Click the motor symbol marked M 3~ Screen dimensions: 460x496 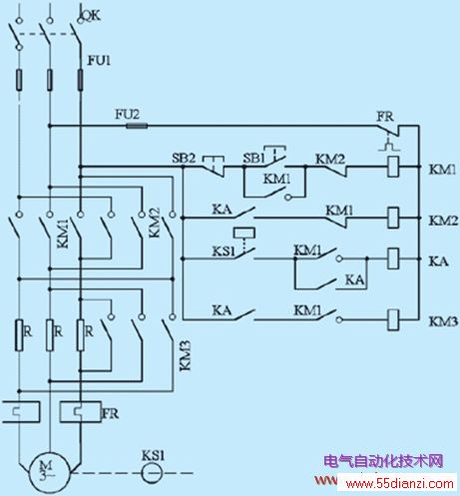tap(50, 472)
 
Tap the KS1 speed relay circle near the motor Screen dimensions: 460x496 tap(153, 473)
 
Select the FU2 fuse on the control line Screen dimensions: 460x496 tap(137, 126)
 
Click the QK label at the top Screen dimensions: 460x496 tap(90, 15)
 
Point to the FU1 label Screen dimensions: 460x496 tap(99, 60)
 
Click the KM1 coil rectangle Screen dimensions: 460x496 tap(393, 167)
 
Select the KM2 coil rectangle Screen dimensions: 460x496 tap(393, 218)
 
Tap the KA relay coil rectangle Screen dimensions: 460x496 tap(393, 258)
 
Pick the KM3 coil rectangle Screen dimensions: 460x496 tap(393, 319)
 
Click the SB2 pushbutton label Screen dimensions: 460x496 tap(184, 158)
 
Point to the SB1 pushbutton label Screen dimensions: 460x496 tap(253, 158)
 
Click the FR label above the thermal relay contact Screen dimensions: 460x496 tap(385, 117)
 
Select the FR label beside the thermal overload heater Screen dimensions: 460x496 tap(110, 413)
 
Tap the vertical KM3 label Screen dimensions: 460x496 tap(185, 355)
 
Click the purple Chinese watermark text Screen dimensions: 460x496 tap(383, 461)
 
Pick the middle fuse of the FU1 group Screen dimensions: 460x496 tap(50, 80)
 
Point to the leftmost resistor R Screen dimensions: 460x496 tap(19, 335)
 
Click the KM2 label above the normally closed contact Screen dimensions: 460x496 tap(330, 159)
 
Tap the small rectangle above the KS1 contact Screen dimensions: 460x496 tap(244, 233)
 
